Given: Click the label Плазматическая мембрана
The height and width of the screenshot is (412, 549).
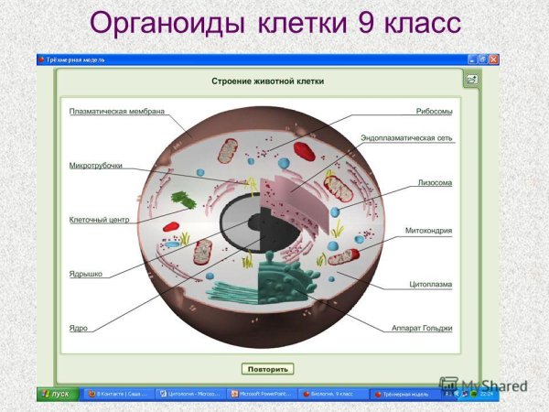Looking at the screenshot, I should pos(116,112).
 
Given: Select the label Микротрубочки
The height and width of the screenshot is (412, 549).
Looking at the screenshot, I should pos(96,166).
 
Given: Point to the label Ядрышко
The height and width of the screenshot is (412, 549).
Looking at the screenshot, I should pos(86,273).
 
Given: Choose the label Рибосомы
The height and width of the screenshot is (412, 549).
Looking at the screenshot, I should pos(434,112).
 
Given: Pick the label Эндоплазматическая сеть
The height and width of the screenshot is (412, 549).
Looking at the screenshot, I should pos(406,138).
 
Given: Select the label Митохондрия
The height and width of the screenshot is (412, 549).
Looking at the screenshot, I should pos(429,231).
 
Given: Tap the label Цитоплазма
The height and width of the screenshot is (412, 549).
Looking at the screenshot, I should pos(430,284).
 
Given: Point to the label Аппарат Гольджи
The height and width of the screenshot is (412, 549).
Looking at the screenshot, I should pos(421,327).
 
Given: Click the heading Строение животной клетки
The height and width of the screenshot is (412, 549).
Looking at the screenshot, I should pos(268,81).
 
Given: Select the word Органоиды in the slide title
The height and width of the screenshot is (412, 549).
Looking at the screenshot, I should pos(161,22).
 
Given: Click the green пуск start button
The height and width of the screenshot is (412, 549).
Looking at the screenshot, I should pos(57,394).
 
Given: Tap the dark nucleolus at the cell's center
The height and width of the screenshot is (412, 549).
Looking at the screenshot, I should pos(245,220).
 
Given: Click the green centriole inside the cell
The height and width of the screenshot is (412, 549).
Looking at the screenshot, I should pos(186,199).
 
